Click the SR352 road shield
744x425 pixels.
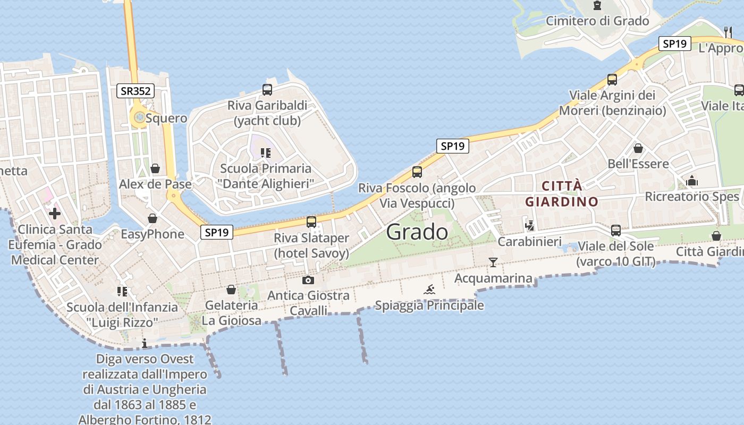[136, 91]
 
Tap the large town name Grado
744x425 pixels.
[417, 232]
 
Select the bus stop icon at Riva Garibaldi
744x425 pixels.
[267, 90]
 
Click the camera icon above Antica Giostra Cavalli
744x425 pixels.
[308, 280]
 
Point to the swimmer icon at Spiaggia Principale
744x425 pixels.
[429, 290]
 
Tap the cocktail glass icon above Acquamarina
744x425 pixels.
[493, 262]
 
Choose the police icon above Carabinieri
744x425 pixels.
[529, 225]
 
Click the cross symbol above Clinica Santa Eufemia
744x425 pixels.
[54, 214]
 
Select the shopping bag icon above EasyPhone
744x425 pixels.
[153, 218]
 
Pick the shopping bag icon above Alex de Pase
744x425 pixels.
[155, 168]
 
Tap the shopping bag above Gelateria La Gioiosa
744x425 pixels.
[231, 290]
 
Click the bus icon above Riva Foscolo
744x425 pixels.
[417, 172]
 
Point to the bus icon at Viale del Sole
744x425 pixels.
[616, 231]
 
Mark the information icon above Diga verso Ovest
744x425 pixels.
[145, 343]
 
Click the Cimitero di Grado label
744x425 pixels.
[597, 21]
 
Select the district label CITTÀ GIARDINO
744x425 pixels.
[562, 194]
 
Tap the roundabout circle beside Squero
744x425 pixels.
[139, 118]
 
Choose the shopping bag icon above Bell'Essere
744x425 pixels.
[638, 148]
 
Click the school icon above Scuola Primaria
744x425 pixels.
[266, 154]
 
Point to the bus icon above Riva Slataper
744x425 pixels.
[311, 222]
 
